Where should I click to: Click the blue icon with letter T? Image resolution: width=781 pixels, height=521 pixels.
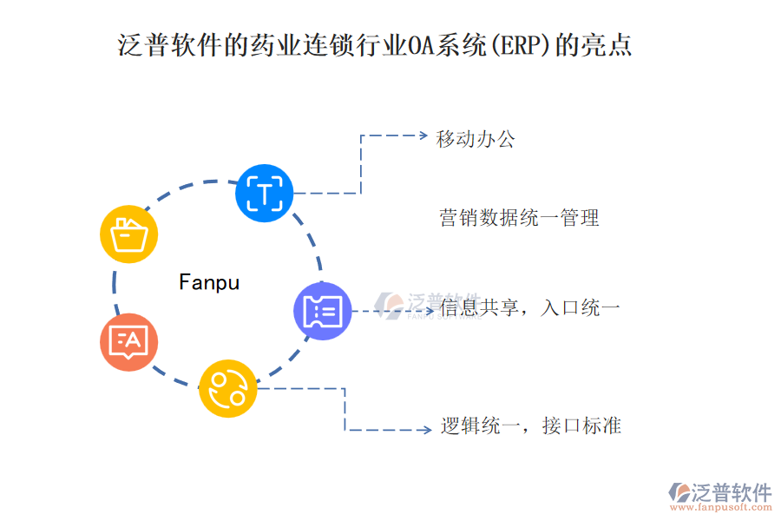click(x=265, y=192)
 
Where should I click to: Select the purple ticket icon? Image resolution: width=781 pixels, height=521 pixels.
click(x=323, y=311)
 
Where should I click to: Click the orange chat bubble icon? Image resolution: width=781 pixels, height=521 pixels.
click(x=129, y=342)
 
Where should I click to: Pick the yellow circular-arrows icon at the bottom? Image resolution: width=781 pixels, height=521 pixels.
click(x=228, y=388)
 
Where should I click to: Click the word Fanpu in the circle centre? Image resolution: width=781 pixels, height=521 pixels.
click(x=208, y=282)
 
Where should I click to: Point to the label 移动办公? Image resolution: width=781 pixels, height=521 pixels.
click(x=476, y=139)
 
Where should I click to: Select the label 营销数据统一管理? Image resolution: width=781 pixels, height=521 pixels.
click(x=520, y=218)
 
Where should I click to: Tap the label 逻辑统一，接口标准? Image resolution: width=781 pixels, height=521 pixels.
click(x=530, y=426)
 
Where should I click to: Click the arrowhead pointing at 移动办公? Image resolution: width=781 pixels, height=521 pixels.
click(x=423, y=135)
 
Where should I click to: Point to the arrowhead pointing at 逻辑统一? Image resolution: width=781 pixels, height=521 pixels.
click(x=424, y=429)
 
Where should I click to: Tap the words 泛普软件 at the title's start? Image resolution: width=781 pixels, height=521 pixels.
click(x=171, y=44)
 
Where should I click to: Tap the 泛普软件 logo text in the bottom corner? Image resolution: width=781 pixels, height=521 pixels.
click(x=731, y=492)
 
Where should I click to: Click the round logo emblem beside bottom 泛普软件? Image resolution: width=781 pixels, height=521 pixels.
click(x=679, y=492)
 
